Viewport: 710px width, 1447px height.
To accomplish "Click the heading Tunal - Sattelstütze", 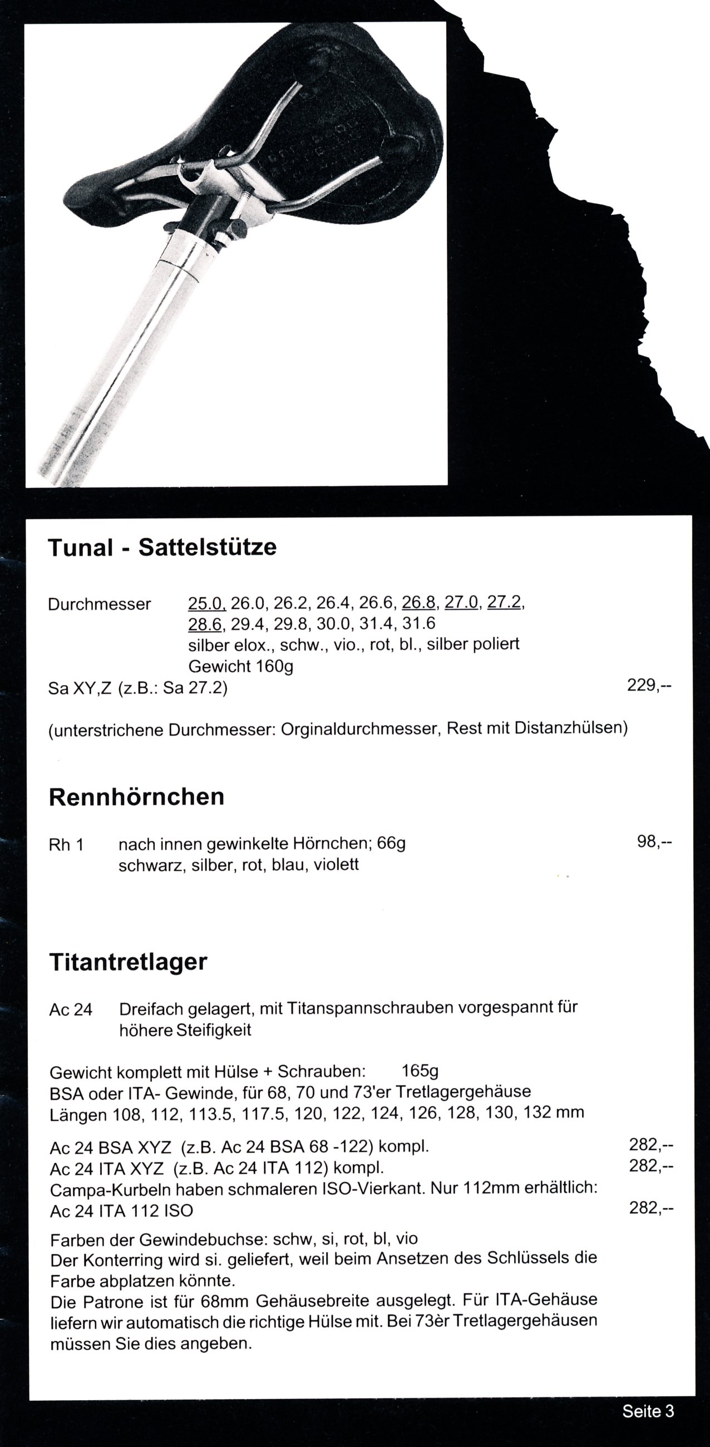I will coord(162,547).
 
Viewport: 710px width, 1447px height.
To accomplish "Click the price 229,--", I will coord(649,685).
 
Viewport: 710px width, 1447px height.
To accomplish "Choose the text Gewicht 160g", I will coord(240,666).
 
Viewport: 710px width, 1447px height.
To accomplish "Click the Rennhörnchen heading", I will coord(136,797).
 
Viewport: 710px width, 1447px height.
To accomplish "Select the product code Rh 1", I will coord(66,845).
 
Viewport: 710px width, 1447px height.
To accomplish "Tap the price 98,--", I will coord(654,841).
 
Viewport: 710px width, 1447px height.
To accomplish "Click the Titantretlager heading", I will coord(128,962).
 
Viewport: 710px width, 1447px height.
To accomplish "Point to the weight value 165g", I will coord(420,1071).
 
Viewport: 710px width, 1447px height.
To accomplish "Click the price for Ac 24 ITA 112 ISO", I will coord(651,1208).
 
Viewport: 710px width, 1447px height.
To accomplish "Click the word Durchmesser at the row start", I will coord(100,604).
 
